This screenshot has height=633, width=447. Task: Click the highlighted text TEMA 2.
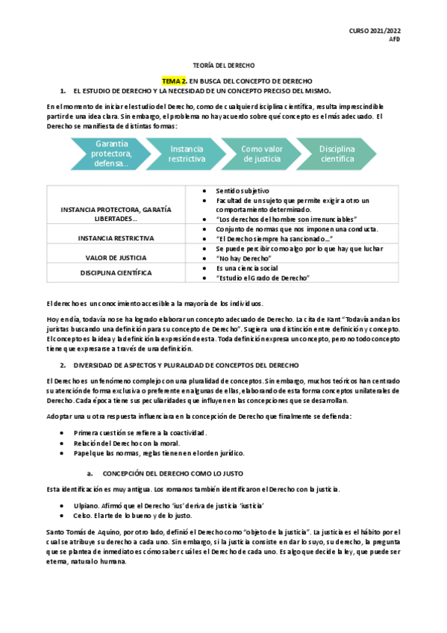(174, 80)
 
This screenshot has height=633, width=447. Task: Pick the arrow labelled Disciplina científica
(337, 154)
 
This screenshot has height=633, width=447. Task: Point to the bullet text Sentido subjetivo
(243, 191)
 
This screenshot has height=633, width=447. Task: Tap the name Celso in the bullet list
(83, 516)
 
